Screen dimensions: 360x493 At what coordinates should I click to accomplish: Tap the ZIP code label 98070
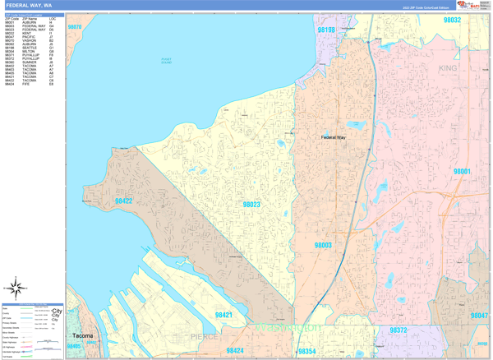(x=75, y=27)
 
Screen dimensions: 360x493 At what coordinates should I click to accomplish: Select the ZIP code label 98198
(x=326, y=30)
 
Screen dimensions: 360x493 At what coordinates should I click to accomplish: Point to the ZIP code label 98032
(x=452, y=20)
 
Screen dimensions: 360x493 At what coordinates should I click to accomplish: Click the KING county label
(x=448, y=68)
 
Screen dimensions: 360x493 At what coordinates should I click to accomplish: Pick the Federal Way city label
(x=334, y=137)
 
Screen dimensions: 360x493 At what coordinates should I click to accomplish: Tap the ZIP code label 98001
(x=461, y=171)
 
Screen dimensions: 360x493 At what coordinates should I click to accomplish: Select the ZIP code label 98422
(x=123, y=201)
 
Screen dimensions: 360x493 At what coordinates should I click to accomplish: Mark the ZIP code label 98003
(x=322, y=245)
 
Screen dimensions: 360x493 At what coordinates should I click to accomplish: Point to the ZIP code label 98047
(x=478, y=316)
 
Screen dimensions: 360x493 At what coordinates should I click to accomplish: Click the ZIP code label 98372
(x=398, y=330)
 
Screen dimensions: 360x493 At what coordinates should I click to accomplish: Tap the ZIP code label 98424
(x=234, y=351)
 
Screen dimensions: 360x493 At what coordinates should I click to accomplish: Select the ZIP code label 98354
(x=307, y=351)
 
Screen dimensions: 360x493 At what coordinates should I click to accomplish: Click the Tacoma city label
(x=83, y=336)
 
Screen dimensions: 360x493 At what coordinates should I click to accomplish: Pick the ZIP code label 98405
(x=74, y=347)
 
